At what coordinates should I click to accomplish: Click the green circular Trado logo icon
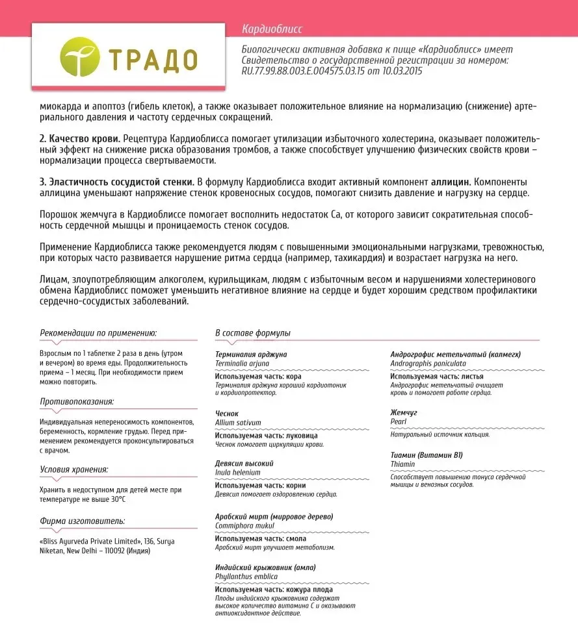pos(81,56)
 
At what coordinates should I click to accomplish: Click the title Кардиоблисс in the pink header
pos(271,29)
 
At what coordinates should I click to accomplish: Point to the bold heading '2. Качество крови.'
pos(79,139)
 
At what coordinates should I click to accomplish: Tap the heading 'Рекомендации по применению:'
pos(98,333)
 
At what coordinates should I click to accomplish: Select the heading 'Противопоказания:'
pos(77,401)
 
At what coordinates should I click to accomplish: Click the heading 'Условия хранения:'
pos(73,469)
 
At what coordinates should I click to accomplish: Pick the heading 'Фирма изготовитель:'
pos(82,521)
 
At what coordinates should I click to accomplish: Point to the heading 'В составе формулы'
pos(252,333)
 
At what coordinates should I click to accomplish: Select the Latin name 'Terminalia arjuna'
pos(241,364)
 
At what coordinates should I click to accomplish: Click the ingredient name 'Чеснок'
pos(227,413)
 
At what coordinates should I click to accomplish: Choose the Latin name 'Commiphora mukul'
pos(243,525)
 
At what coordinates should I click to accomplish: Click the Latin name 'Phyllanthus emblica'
pos(246,576)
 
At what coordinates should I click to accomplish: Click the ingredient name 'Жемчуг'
pos(404,413)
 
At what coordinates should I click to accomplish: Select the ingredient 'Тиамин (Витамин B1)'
pos(426,455)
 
